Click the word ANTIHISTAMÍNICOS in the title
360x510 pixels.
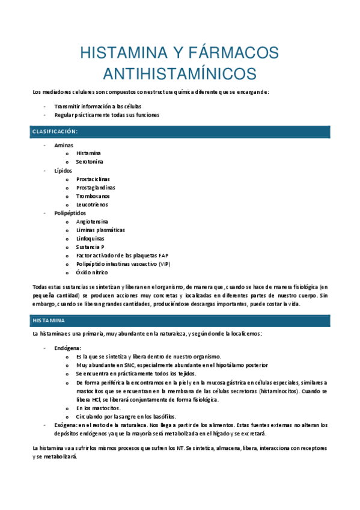point(180,73)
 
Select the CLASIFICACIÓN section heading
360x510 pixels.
point(55,131)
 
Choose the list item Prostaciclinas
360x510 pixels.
point(93,179)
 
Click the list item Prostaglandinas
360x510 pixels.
point(96,187)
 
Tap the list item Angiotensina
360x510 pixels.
point(93,221)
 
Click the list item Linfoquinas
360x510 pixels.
point(91,238)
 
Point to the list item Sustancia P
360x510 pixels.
point(90,247)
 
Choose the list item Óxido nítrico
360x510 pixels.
point(92,272)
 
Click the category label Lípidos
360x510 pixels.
point(63,170)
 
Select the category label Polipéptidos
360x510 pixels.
point(70,213)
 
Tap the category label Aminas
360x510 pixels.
point(63,145)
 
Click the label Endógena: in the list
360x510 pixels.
point(67,348)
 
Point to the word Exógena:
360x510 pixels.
point(66,425)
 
